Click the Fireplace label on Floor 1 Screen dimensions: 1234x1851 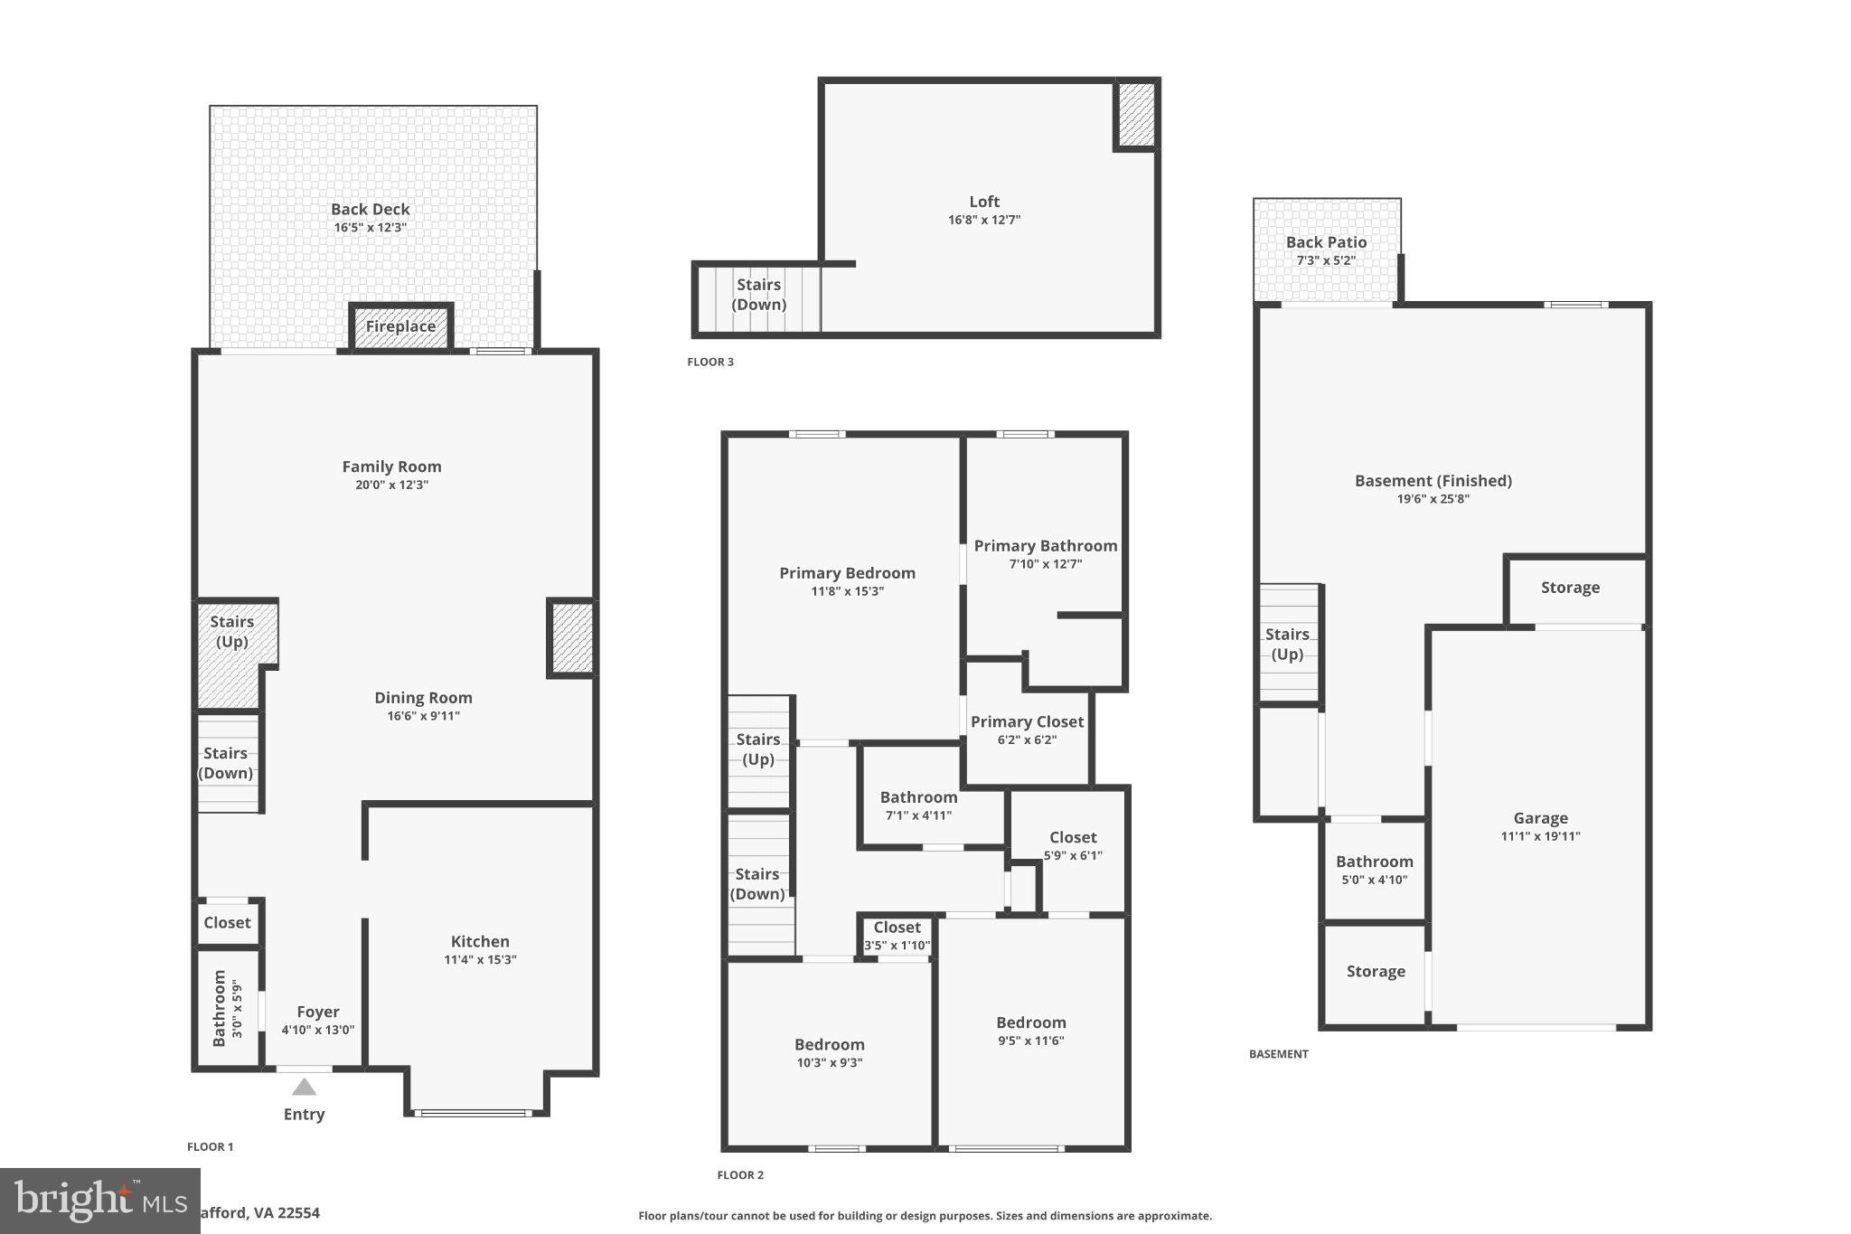(x=400, y=326)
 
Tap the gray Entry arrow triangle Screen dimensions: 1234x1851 (x=304, y=1087)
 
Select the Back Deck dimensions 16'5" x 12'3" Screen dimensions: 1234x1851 (x=371, y=228)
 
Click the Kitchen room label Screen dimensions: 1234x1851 (x=480, y=941)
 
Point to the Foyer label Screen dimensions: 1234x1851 (x=318, y=1012)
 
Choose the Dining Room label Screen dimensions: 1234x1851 (x=423, y=697)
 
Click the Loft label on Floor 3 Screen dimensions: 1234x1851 (x=984, y=202)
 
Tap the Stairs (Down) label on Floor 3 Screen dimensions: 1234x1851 (x=758, y=295)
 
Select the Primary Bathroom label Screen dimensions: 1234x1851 (x=1045, y=545)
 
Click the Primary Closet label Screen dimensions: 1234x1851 (x=1027, y=721)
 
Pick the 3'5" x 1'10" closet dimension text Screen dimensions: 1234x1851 (x=897, y=946)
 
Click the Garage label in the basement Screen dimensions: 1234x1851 (x=1540, y=818)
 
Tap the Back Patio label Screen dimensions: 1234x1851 (x=1326, y=242)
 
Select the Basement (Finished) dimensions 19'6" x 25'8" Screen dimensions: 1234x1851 (x=1433, y=499)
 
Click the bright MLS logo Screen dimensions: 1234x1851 (x=99, y=1201)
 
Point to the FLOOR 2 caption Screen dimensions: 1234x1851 (x=740, y=1175)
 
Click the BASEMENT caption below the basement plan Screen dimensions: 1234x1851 (x=1278, y=1054)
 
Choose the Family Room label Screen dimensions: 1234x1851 (x=391, y=466)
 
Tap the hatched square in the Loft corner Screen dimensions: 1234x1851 (x=1136, y=115)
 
